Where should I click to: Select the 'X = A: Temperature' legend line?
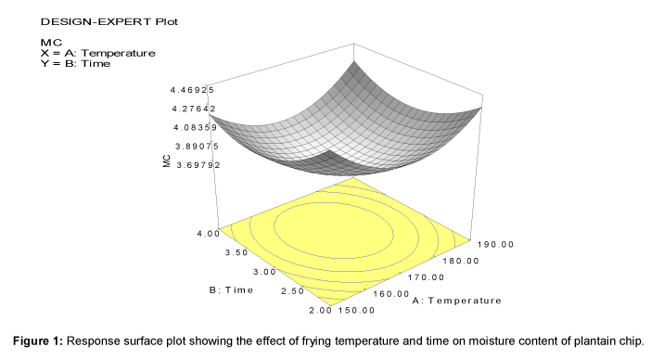tap(98, 53)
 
